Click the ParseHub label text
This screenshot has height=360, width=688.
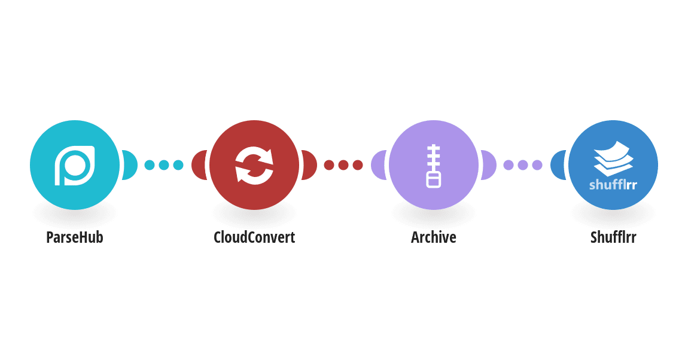click(75, 237)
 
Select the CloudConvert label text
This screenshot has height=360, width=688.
click(254, 237)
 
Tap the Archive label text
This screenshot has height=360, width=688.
click(434, 237)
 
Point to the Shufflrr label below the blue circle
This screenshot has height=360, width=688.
click(613, 237)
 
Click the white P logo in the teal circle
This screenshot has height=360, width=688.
click(75, 165)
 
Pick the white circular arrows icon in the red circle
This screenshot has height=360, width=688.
click(254, 165)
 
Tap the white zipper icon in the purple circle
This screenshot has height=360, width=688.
click(434, 166)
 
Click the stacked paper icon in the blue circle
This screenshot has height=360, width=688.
click(613, 158)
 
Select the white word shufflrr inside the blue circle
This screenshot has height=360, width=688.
click(613, 185)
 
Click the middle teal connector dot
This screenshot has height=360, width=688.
click(164, 165)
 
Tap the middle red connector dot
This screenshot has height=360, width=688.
click(343, 165)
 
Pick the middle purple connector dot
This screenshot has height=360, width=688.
click(523, 165)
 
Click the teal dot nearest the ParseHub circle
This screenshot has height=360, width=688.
click(150, 165)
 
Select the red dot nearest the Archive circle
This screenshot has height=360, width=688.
click(358, 165)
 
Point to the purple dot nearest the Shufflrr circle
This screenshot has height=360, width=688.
click(537, 165)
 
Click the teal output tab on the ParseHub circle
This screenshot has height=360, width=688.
click(130, 165)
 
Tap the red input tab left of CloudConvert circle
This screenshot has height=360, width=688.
click(199, 165)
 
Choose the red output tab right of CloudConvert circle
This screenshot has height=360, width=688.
click(310, 165)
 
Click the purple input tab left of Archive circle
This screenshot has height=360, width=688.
click(378, 165)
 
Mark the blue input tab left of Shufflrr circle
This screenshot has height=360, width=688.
click(558, 165)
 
